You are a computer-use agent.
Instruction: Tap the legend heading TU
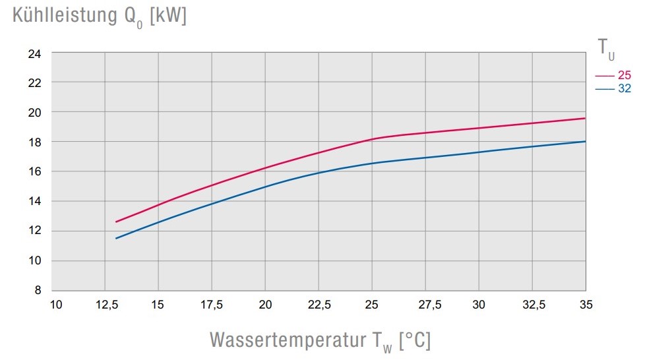pyautogui.click(x=606, y=47)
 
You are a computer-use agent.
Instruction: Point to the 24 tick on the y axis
pyautogui.click(x=36, y=53)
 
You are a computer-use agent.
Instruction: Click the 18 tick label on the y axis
pyautogui.click(x=36, y=142)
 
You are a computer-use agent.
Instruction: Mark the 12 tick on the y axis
pyautogui.click(x=36, y=231)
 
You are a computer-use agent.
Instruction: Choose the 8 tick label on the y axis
pyautogui.click(x=38, y=290)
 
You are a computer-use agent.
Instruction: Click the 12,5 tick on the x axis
pyautogui.click(x=106, y=305)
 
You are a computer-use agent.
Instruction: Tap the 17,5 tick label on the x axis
pyautogui.click(x=212, y=305)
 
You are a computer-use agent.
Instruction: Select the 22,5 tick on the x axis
pyautogui.click(x=319, y=305)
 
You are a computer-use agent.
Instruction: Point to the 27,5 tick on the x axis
pyautogui.click(x=425, y=305)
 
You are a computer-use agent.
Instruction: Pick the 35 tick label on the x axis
pyautogui.click(x=585, y=305)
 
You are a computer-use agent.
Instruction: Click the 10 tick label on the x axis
pyautogui.click(x=56, y=305)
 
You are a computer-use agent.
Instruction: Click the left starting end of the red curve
pyautogui.click(x=116, y=222)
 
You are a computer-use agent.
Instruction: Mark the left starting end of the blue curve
pyautogui.click(x=116, y=238)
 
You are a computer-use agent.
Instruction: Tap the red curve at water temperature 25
pyautogui.click(x=372, y=138)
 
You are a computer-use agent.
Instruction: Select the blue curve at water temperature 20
pyautogui.click(x=265, y=186)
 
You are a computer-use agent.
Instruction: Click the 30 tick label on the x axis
pyautogui.click(x=479, y=305)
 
